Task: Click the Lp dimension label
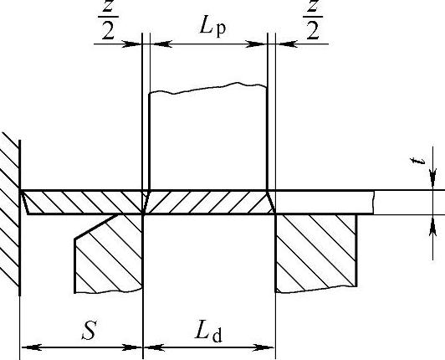click(x=212, y=28)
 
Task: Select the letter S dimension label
click(x=89, y=331)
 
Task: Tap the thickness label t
click(x=417, y=162)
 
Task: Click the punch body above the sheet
click(x=208, y=138)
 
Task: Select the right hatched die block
click(x=316, y=253)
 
